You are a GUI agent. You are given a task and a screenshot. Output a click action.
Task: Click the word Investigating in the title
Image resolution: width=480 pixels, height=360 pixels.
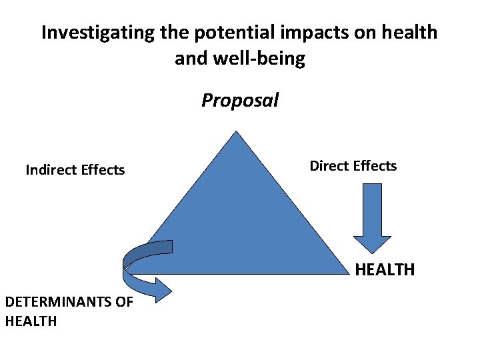(x=97, y=33)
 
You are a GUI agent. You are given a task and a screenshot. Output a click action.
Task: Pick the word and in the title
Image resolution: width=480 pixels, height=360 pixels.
(x=191, y=59)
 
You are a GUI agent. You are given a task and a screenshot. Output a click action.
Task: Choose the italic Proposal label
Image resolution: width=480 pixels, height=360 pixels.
(x=240, y=101)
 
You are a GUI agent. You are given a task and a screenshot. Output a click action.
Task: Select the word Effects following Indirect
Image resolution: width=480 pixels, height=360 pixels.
(x=103, y=170)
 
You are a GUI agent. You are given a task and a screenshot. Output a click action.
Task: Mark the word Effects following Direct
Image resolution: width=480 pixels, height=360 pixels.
(x=375, y=166)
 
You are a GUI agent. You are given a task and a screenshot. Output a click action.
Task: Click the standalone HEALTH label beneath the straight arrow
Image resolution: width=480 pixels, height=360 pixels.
(x=385, y=270)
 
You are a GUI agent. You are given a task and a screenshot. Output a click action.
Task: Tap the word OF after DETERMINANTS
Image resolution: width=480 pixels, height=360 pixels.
(x=125, y=302)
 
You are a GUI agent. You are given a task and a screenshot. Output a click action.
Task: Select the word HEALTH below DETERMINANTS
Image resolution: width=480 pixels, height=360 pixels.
(x=31, y=321)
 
